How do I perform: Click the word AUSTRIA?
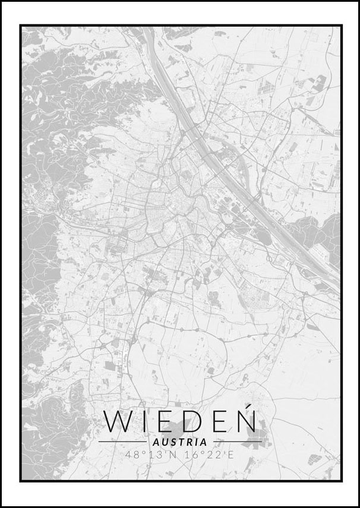[180, 442]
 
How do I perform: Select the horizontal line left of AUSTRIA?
[122, 442]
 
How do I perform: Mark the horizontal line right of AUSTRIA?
[237, 442]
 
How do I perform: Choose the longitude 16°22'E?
[210, 456]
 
